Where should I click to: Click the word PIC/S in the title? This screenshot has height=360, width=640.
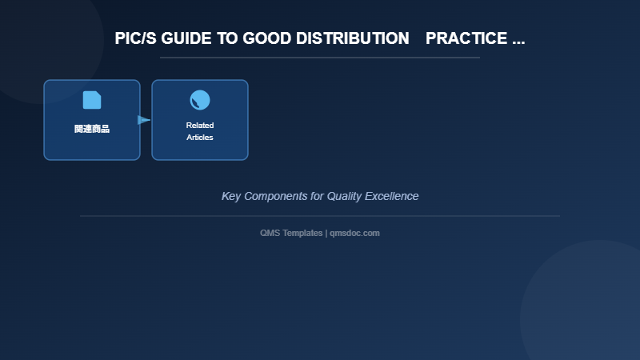pos(136,38)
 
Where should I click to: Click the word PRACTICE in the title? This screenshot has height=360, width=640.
pos(466,38)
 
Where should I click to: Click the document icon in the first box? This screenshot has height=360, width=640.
pos(92,100)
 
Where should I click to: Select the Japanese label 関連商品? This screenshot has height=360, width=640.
pos(92,129)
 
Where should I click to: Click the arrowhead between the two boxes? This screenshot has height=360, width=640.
pos(144,120)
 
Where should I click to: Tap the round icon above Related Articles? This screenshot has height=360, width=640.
pos(200,100)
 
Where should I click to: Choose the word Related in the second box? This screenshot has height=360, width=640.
pos(200,126)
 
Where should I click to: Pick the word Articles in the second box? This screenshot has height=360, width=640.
pos(200,138)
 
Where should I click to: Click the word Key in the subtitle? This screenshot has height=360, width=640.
pos(230,196)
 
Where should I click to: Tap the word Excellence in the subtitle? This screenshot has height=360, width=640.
pos(392,196)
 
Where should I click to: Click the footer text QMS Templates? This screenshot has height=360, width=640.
pos(291,233)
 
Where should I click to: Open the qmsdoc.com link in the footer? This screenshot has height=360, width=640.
pos(354,233)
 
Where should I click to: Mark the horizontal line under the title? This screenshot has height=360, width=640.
pos(320,58)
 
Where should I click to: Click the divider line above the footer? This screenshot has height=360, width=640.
pos(320,216)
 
